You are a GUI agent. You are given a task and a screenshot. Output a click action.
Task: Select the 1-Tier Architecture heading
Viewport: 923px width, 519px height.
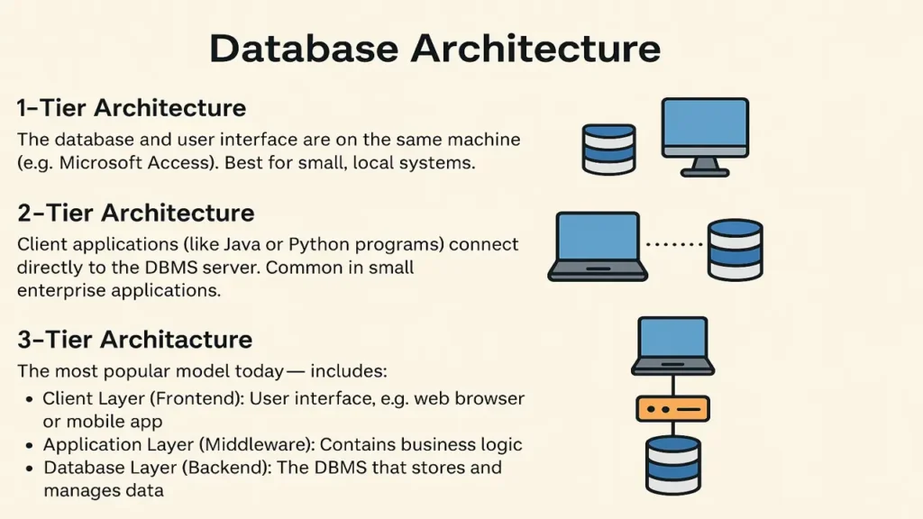[132, 108]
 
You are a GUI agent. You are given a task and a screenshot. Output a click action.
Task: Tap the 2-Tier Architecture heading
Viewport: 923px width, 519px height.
[135, 214]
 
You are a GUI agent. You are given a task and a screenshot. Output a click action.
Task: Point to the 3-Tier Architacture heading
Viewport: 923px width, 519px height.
[134, 341]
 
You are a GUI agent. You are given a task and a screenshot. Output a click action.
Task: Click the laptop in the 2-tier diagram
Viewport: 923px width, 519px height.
[598, 245]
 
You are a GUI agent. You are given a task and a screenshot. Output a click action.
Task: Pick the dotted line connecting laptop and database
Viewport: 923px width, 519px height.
[676, 244]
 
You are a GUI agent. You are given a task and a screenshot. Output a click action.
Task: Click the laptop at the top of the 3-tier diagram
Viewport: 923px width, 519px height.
[673, 344]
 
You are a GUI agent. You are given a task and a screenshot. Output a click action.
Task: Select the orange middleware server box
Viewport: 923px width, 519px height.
[673, 409]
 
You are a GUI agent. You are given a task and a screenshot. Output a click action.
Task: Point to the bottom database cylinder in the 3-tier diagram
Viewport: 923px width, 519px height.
[673, 464]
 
